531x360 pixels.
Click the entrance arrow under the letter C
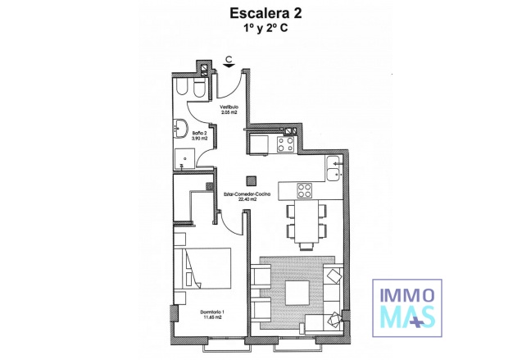pos(231,66)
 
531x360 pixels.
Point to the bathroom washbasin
pos(179,127)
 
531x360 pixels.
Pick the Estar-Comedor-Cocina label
pos(242,194)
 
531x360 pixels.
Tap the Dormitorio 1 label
pos(212,311)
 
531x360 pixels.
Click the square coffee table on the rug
pos(297,292)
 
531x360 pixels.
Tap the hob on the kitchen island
pos(303,190)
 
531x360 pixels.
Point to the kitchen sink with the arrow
pos(332,171)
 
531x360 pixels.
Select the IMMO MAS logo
pos(407,304)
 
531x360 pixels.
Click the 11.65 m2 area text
pos(212,317)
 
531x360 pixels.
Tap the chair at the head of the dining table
pos(306,244)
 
